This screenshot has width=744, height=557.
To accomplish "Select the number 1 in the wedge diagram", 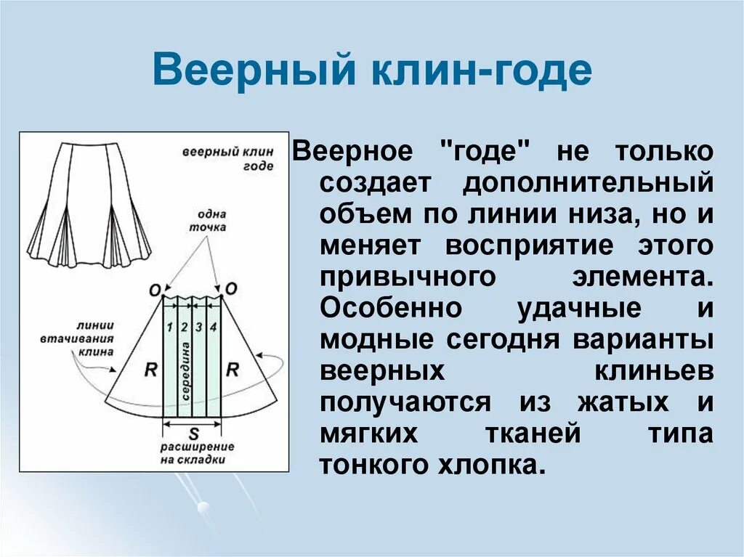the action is [169, 326].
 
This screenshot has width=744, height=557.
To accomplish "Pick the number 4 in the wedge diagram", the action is [213, 326].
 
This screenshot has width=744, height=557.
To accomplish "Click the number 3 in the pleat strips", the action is [198, 326].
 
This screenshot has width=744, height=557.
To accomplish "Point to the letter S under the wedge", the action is [193, 434].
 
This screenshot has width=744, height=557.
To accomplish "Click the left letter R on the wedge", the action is [151, 369].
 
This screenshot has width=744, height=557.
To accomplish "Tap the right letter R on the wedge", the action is [232, 369].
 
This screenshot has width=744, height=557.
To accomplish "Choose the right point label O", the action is [231, 288].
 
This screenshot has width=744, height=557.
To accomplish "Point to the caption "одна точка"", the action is [210, 220].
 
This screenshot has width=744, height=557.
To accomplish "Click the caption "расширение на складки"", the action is [197, 452].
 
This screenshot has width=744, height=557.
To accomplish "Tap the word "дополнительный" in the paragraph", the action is [587, 183].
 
